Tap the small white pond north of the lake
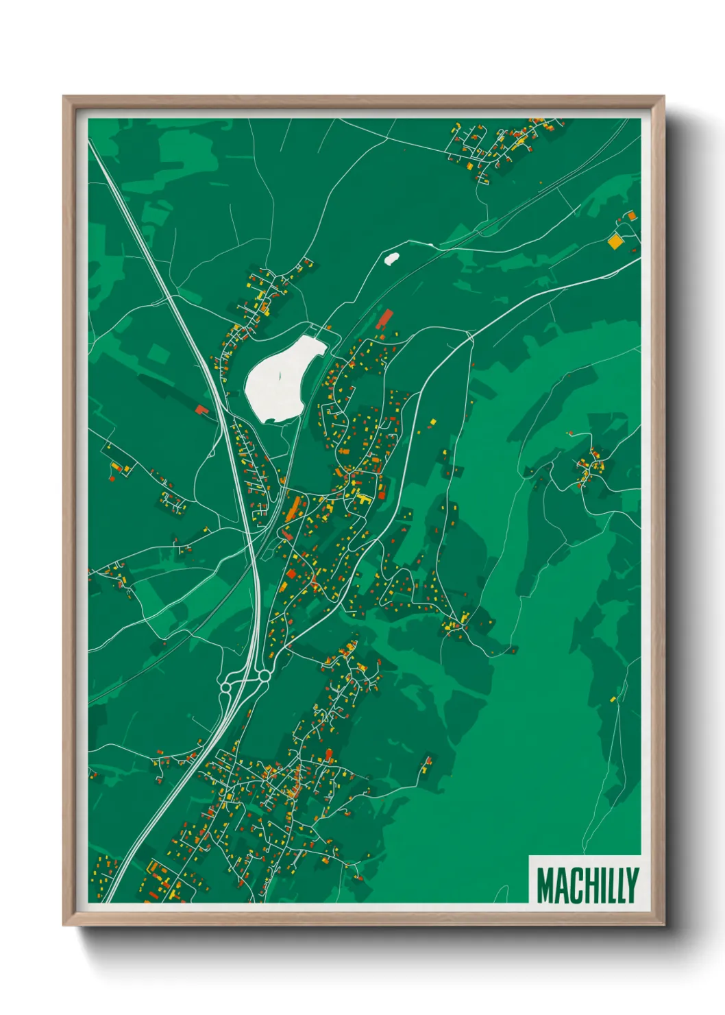coord(391,259)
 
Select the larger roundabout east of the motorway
coord(265,677)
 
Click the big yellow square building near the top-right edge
coord(615,241)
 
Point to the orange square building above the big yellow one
coord(630,217)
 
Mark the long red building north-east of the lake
coord(386,319)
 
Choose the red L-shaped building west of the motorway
coord(201,410)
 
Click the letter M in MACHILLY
coord(546,885)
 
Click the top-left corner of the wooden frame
coord(64,97)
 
